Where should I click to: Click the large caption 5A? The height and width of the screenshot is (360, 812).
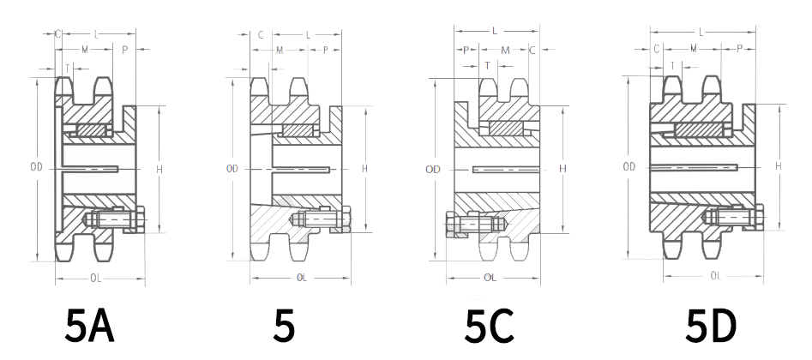(90, 327)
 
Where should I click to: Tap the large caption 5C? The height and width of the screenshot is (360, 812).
(489, 327)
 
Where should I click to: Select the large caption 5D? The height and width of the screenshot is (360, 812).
(710, 327)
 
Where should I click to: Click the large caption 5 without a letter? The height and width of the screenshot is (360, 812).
(284, 327)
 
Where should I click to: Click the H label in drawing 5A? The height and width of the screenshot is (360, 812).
(159, 170)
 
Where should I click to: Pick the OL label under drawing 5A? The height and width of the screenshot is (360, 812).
(97, 277)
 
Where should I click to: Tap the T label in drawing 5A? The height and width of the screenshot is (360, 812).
(68, 67)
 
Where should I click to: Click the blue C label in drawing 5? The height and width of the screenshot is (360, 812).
(260, 35)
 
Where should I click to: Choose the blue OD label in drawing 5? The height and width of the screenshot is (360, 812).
(232, 169)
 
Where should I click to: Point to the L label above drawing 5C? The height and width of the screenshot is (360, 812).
(495, 31)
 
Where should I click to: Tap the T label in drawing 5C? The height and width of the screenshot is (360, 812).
(487, 65)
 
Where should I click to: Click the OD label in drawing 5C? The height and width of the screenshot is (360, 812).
(432, 170)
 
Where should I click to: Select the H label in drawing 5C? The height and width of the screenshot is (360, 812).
(562, 169)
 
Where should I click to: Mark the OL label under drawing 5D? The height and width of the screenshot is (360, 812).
(714, 276)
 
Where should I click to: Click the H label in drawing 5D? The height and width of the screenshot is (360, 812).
(778, 165)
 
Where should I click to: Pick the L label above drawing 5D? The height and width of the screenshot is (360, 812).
(701, 32)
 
